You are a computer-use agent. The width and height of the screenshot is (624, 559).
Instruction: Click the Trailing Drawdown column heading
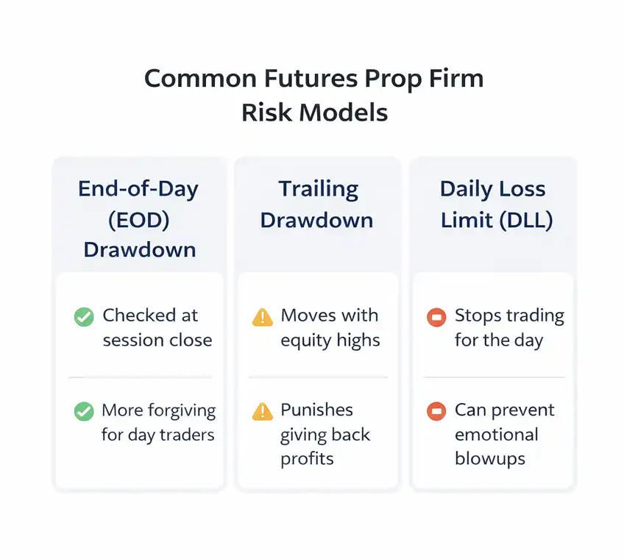click(x=317, y=204)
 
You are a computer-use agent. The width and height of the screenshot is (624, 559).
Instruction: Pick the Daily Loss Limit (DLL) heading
click(x=492, y=204)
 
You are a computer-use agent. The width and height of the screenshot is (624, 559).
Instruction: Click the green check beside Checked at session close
click(x=84, y=317)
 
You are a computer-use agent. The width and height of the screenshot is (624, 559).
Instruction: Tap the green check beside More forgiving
click(x=84, y=411)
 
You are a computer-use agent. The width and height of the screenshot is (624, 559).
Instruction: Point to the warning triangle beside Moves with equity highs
click(x=262, y=317)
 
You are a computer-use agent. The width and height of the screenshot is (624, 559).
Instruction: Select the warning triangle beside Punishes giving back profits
click(x=262, y=411)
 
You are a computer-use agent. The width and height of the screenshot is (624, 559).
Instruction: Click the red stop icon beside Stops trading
click(x=436, y=317)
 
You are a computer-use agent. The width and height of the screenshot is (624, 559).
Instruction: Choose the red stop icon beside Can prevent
click(x=436, y=411)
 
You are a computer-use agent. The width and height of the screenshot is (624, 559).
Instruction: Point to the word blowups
click(x=489, y=459)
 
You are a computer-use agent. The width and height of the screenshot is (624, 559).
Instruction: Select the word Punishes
click(x=316, y=410)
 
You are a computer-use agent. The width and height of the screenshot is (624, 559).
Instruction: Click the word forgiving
click(x=181, y=410)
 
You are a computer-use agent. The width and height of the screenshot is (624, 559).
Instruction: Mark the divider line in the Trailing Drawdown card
click(x=317, y=377)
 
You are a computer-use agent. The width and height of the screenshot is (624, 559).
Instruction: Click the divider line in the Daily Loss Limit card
click(x=494, y=377)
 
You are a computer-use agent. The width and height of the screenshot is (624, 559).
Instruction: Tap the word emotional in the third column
click(x=496, y=435)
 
